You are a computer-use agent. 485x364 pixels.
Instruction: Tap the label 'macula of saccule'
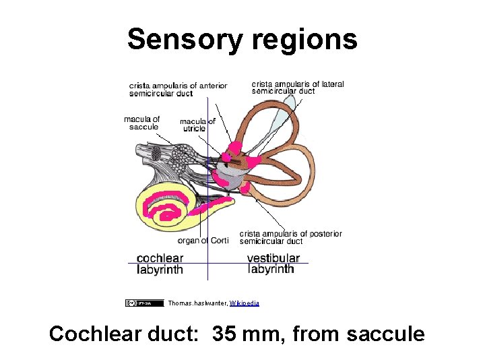point(141,123)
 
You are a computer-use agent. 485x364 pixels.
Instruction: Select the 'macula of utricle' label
point(197,125)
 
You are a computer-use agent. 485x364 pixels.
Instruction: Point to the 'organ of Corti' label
point(203,241)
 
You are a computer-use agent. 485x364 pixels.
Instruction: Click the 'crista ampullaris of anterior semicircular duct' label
point(178,89)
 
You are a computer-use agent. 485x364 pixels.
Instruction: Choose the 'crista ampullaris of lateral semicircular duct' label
point(298,88)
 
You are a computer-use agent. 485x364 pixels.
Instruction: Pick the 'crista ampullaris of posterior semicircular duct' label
point(290,237)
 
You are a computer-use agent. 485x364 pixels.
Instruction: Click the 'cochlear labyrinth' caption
point(160,264)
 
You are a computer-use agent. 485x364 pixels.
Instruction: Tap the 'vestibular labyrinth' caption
point(273,264)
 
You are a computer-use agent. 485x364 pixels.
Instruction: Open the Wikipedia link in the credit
point(244,303)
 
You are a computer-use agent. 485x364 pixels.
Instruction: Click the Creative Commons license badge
point(143,303)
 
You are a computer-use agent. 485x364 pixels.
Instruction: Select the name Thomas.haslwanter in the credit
point(197,303)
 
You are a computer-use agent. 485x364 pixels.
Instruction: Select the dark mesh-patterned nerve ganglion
point(156,154)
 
